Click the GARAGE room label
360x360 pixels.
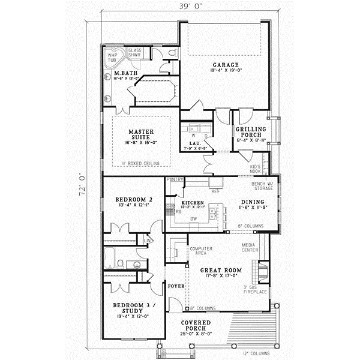[x=225, y=64]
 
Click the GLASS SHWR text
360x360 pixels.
[x=135, y=52]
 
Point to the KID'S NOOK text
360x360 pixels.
[x=255, y=167]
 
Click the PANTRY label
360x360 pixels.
[x=175, y=179]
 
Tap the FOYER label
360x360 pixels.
[x=175, y=286]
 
